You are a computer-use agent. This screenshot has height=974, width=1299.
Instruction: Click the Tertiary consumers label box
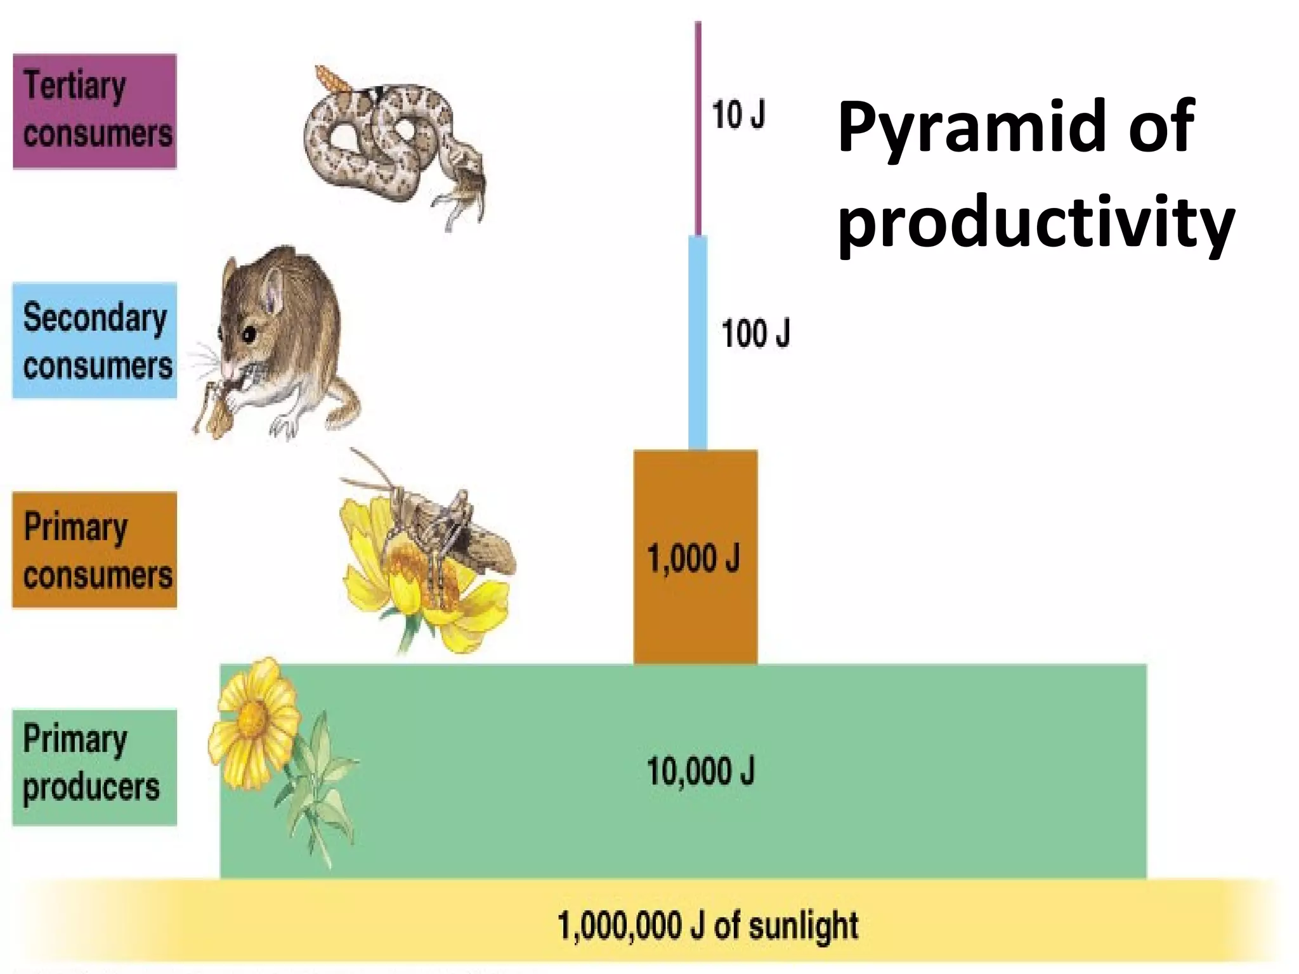[95, 111]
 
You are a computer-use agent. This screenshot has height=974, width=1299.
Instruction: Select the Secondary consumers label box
[95, 341]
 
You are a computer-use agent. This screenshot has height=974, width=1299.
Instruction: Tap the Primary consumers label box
[95, 550]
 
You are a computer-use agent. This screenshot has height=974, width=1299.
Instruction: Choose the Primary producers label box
[95, 767]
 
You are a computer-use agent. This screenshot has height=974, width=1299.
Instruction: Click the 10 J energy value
[738, 115]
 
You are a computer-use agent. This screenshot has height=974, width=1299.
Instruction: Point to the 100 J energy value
[755, 333]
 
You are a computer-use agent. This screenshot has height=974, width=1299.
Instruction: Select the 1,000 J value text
[693, 559]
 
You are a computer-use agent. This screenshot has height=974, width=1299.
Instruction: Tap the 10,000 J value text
[701, 771]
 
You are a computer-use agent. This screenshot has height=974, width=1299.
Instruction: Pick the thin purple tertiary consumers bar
[698, 127]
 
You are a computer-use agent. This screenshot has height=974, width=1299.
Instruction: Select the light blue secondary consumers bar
[698, 342]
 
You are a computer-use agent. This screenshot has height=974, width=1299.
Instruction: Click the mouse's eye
[249, 334]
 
